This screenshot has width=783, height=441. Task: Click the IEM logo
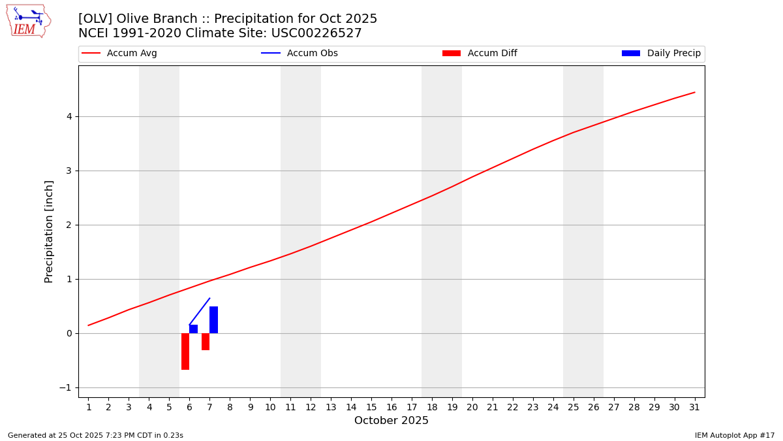pyautogui.click(x=28, y=21)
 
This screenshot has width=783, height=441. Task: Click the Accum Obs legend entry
pyautogui.click(x=312, y=54)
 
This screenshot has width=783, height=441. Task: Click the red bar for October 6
pyautogui.click(x=185, y=351)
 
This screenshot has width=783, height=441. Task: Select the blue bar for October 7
pyautogui.click(x=213, y=320)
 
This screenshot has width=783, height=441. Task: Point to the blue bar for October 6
pyautogui.click(x=193, y=329)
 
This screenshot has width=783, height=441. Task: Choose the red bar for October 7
pyautogui.click(x=206, y=342)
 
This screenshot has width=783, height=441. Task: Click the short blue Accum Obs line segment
pyautogui.click(x=199, y=312)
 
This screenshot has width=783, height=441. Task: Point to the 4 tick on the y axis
pyautogui.click(x=68, y=116)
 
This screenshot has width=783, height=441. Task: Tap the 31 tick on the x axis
pyautogui.click(x=694, y=407)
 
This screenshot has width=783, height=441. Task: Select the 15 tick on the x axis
pyautogui.click(x=371, y=407)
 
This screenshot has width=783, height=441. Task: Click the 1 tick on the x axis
pyautogui.click(x=89, y=407)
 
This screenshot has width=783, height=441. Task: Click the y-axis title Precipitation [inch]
pyautogui.click(x=49, y=231)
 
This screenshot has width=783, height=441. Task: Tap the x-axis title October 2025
pyautogui.click(x=391, y=421)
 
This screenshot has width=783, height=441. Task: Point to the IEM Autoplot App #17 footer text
pyautogui.click(x=734, y=435)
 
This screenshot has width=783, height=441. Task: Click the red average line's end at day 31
pyautogui.click(x=694, y=92)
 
